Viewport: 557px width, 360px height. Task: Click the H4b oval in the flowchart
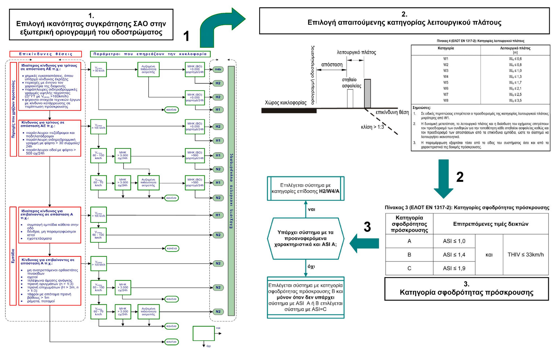[218, 70]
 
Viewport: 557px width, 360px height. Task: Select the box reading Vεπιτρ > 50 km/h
[98, 70]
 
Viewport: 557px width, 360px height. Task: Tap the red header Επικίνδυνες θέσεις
[46, 54]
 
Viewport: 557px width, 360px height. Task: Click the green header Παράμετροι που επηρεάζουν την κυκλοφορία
[150, 54]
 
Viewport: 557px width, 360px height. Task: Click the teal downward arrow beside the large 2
[443, 178]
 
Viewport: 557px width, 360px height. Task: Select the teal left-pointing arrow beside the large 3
[364, 243]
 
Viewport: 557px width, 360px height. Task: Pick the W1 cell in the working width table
[446, 59]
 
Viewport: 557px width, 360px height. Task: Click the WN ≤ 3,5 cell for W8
[515, 100]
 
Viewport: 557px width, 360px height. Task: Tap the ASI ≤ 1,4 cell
[454, 255]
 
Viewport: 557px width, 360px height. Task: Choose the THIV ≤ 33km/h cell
[526, 255]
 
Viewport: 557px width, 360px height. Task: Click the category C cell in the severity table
[409, 268]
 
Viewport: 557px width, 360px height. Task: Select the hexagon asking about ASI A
[305, 238]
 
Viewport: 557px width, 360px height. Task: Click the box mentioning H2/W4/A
[305, 188]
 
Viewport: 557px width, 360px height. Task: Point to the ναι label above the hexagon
[311, 209]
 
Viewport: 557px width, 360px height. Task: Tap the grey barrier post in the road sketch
[367, 93]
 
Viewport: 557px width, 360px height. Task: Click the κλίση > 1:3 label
[372, 127]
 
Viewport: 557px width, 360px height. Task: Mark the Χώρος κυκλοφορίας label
[285, 103]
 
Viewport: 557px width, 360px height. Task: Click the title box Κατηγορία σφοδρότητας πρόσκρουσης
[466, 289]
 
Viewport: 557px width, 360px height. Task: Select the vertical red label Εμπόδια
[13, 256]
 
